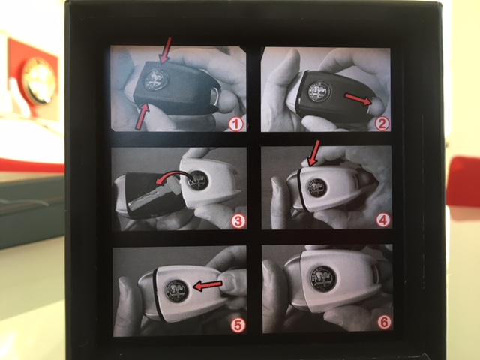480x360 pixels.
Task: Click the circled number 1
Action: click(x=236, y=124)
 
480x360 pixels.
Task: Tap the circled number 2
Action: click(x=382, y=124)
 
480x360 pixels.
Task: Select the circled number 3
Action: click(x=238, y=221)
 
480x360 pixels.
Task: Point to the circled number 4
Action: click(x=383, y=220)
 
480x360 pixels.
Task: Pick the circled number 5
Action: click(x=238, y=325)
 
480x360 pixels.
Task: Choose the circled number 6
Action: click(x=384, y=322)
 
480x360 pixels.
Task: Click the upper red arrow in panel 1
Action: click(x=165, y=50)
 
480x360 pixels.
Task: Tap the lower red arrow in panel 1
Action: click(x=142, y=117)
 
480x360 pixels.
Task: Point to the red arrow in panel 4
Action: click(x=314, y=153)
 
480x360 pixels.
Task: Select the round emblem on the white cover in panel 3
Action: click(x=198, y=181)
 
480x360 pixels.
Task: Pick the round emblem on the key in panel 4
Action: click(x=316, y=187)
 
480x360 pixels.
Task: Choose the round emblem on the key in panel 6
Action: click(x=322, y=277)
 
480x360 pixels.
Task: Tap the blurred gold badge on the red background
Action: click(x=39, y=79)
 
